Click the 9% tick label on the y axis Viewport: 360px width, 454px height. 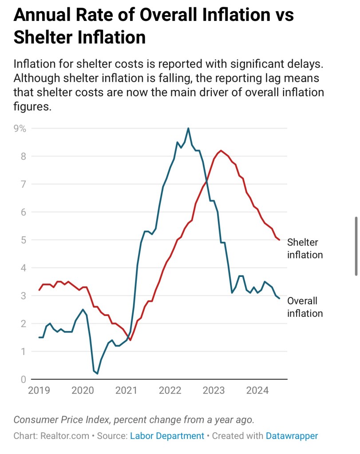click(20, 129)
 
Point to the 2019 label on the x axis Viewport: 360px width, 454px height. click(39, 391)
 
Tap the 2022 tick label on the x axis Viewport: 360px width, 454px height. click(170, 391)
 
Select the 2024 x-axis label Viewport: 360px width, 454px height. click(257, 391)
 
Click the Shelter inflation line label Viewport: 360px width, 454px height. click(305, 249)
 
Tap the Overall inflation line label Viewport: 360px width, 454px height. click(305, 307)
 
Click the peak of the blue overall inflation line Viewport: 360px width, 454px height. click(188, 128)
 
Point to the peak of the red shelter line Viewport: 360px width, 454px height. click(221, 150)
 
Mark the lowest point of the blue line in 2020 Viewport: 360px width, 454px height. click(97, 374)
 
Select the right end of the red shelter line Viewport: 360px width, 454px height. click(279, 240)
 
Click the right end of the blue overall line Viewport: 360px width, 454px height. click(279, 298)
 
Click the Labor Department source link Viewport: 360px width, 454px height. click(167, 436)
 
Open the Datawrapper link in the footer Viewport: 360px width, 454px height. click(292, 436)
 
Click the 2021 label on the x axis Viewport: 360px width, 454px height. click(126, 391)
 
